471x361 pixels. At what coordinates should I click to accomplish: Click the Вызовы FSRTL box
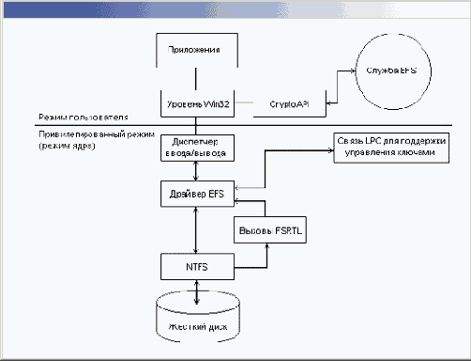click(x=264, y=230)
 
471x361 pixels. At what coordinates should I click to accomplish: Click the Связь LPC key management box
click(x=392, y=146)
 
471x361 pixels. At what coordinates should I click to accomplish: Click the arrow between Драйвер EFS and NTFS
click(x=195, y=230)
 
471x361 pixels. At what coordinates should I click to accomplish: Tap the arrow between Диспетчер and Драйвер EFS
click(x=195, y=172)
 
